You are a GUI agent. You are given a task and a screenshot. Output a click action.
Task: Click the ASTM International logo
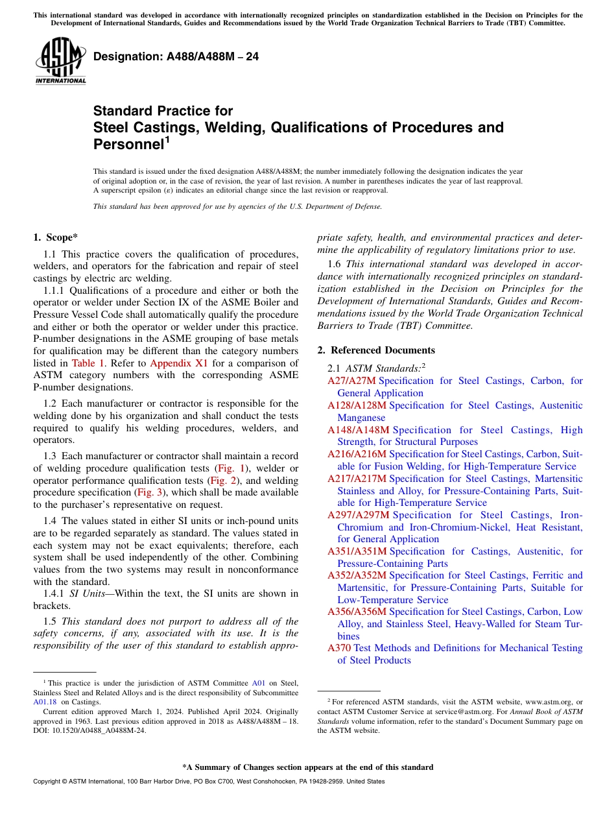tap(60, 61)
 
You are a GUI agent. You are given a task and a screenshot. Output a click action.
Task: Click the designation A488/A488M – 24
tap(176, 57)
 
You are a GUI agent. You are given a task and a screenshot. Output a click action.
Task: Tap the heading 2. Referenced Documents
tap(376, 350)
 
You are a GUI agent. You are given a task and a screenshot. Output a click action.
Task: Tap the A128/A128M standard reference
tap(357, 405)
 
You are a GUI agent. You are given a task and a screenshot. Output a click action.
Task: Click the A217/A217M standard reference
tap(357, 478)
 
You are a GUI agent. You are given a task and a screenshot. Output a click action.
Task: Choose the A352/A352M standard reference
tap(357, 575)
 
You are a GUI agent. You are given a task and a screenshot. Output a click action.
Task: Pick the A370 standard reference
tap(338, 648)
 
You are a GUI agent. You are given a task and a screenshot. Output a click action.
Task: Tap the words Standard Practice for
tap(163, 111)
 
